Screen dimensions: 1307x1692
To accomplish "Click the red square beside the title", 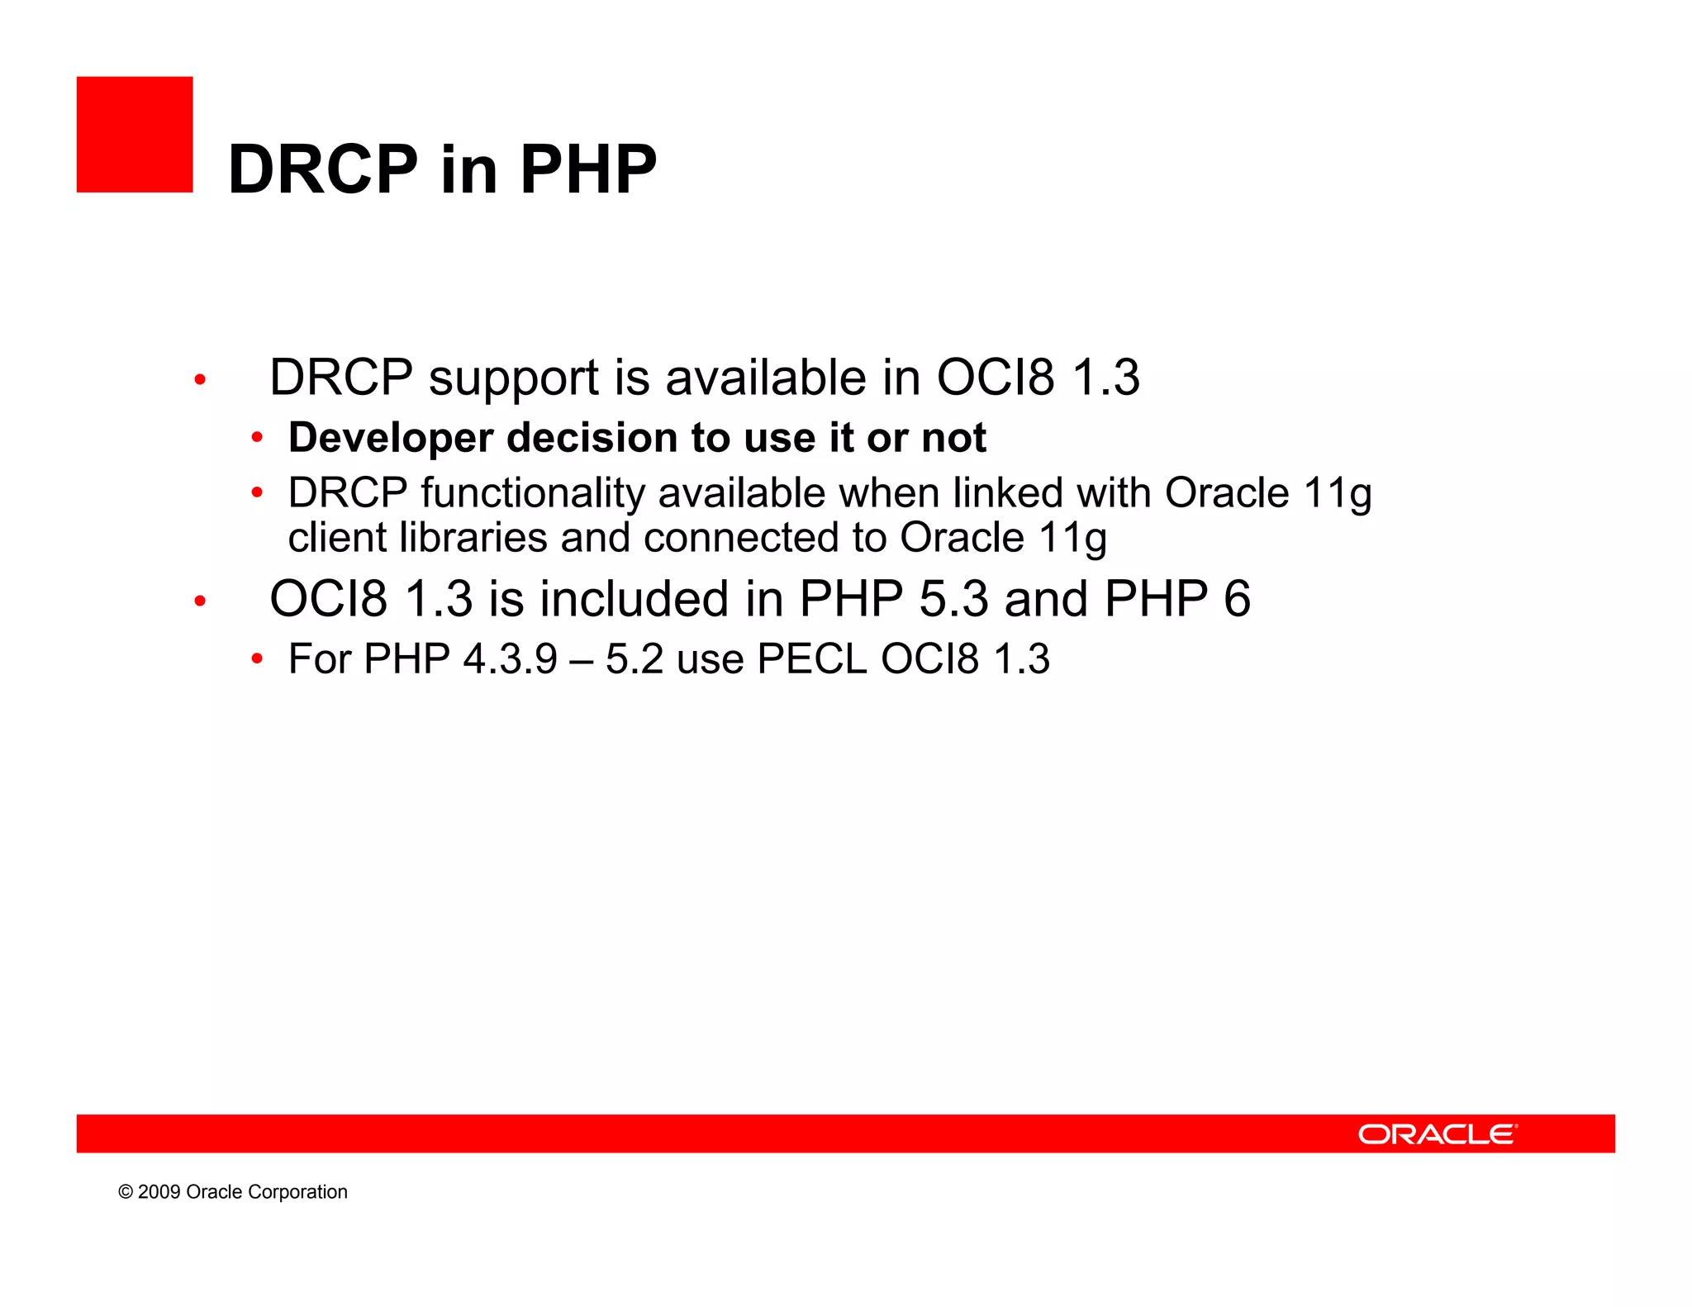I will (x=135, y=135).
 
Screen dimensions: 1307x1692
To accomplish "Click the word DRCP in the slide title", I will (x=323, y=169).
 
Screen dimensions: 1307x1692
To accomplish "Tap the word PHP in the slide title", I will (x=587, y=169).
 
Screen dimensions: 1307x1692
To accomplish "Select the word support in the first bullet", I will (x=513, y=378).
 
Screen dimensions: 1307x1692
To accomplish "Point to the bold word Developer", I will (x=390, y=438).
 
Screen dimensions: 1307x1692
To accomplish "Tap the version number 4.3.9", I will (x=510, y=659).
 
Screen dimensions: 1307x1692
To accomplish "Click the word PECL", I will (x=811, y=659).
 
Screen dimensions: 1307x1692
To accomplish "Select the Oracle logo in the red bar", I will (x=1437, y=1134).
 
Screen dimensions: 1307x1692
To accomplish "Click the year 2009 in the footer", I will (x=159, y=1191).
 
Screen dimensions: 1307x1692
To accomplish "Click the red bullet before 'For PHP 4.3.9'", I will (x=257, y=658).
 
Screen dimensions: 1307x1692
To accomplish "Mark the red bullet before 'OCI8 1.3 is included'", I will (x=199, y=601).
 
